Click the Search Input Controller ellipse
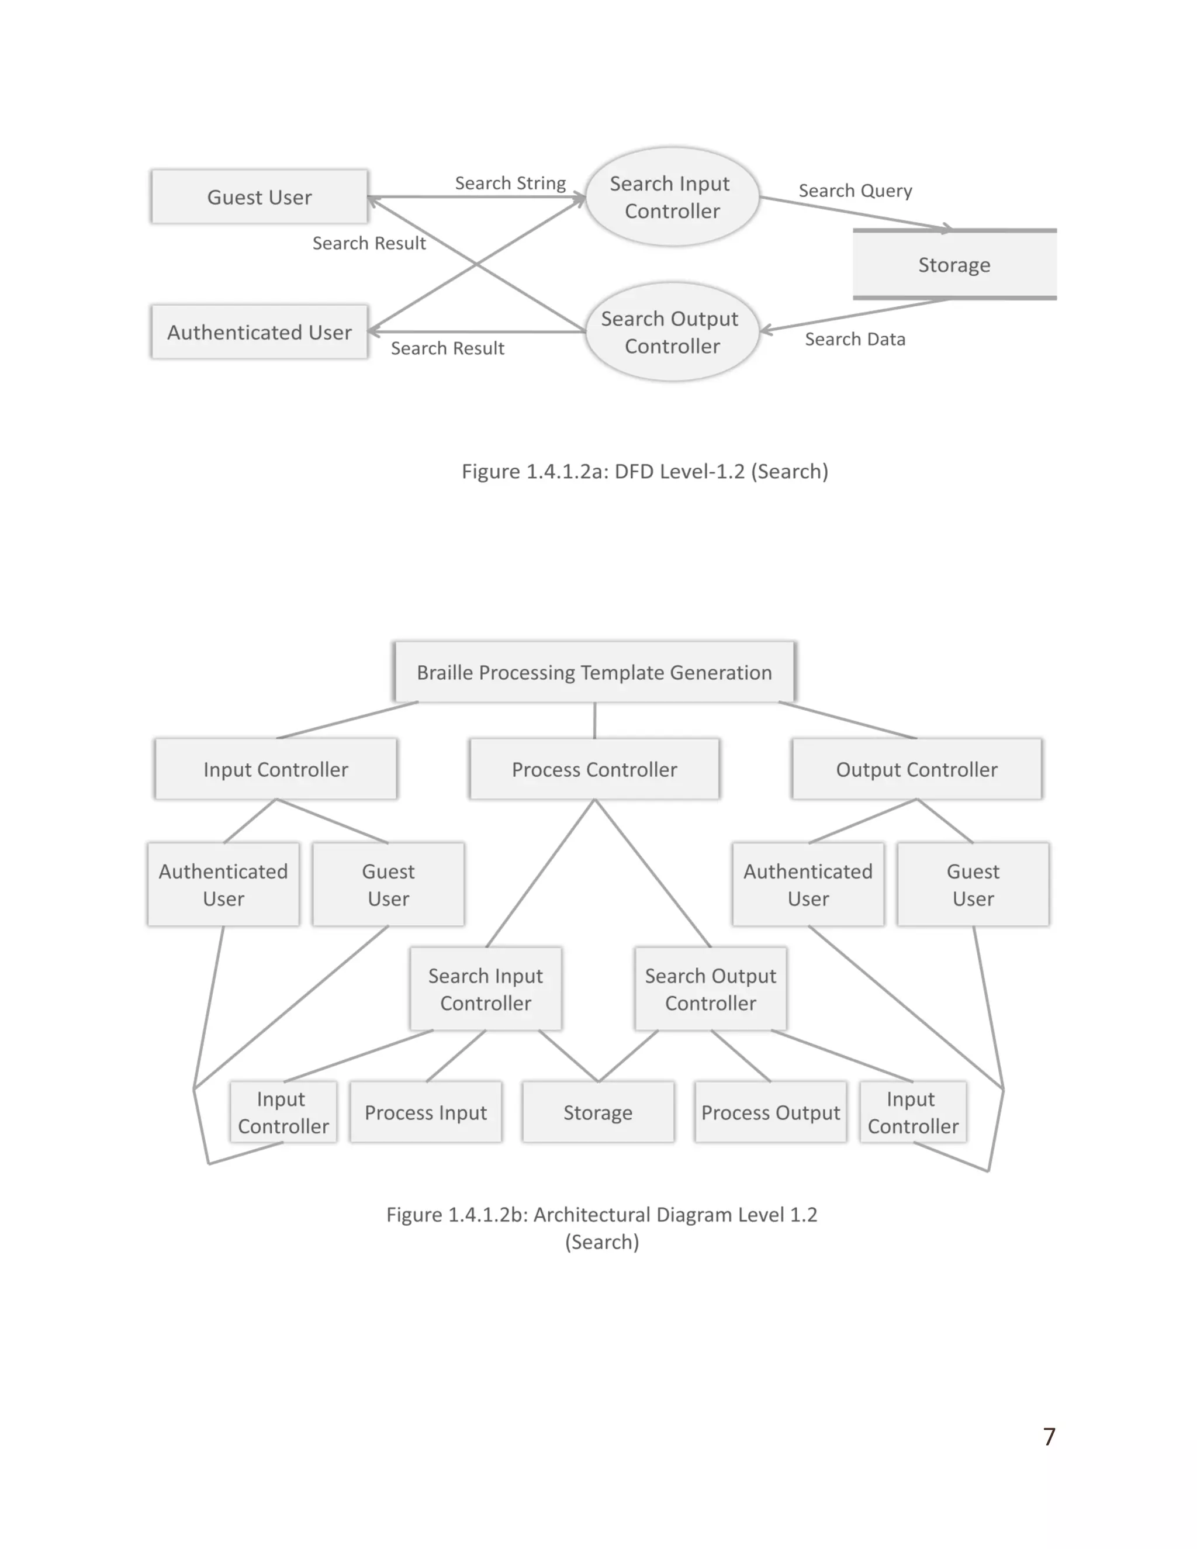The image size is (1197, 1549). click(x=672, y=197)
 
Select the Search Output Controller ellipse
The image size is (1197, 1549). click(x=672, y=332)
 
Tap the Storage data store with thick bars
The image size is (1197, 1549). click(x=954, y=265)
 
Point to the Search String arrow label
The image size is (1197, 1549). click(x=510, y=183)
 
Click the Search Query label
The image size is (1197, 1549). click(x=855, y=191)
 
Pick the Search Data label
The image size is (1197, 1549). click(x=854, y=340)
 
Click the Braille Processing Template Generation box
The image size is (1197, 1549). click(x=594, y=672)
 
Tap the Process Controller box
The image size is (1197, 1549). click(x=594, y=770)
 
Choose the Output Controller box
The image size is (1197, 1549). click(x=916, y=770)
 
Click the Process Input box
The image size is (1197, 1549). click(x=425, y=1113)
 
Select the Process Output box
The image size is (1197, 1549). click(x=771, y=1113)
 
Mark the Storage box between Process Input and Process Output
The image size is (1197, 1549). click(x=598, y=1113)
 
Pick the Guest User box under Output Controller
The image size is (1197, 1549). click(x=973, y=884)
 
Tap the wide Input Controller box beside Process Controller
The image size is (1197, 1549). click(x=276, y=770)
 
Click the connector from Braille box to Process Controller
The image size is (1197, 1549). click(x=594, y=721)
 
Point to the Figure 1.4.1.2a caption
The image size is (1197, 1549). click(x=645, y=472)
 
